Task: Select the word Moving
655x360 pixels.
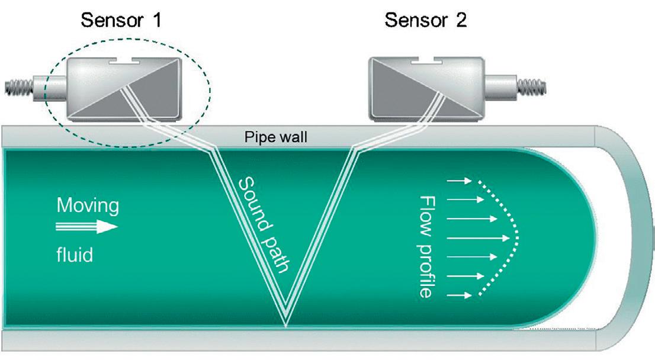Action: click(x=88, y=206)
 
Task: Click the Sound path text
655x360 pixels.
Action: click(x=264, y=225)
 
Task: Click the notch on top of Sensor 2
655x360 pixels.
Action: click(x=426, y=60)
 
